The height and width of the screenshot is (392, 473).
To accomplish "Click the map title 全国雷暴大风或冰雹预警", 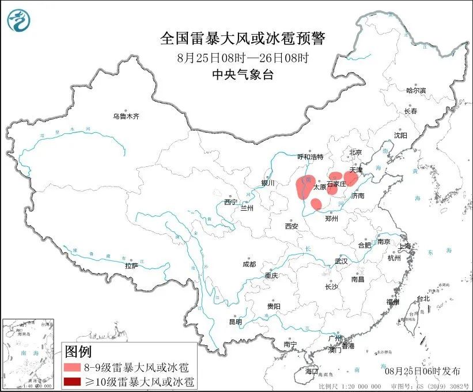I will point(243,39).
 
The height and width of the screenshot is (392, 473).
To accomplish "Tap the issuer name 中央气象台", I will point(243,74).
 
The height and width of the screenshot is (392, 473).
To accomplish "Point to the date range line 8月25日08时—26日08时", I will point(243,57).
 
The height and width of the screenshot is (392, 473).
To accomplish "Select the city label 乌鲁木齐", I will point(126,116).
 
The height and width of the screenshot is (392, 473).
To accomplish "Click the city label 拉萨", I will point(131,266).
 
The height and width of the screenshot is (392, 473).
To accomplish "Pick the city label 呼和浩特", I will point(311,157).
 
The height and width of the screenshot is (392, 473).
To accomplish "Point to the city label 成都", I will point(249,264).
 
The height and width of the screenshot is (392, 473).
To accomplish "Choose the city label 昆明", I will point(236,322).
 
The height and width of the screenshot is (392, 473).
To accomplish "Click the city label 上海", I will point(406,247).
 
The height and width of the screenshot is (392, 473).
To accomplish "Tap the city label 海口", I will point(312,370).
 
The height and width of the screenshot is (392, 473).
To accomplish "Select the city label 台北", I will point(423,298).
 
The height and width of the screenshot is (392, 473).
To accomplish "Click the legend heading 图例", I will point(78,351).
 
